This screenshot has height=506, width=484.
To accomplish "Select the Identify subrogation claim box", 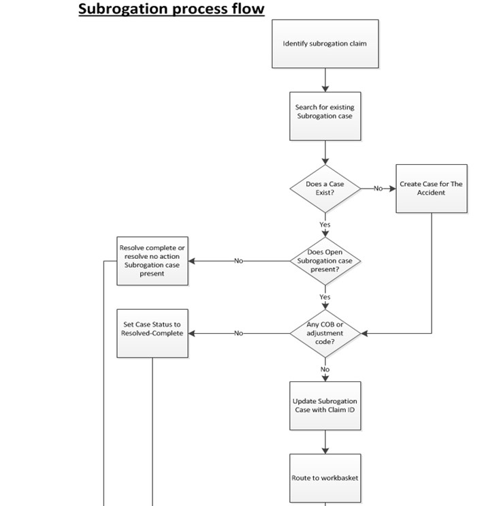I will pyautogui.click(x=325, y=44).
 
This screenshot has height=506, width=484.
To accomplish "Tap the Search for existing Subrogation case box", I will pyautogui.click(x=325, y=112).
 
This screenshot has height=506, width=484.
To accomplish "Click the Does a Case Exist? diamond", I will pyautogui.click(x=325, y=189).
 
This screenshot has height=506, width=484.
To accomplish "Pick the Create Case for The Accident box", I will pyautogui.click(x=431, y=188).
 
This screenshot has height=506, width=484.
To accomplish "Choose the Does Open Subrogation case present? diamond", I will pyautogui.click(x=325, y=261).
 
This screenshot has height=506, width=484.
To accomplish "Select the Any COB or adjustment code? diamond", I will pyautogui.click(x=325, y=333).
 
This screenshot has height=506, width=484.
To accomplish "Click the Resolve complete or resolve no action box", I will pyautogui.click(x=152, y=260).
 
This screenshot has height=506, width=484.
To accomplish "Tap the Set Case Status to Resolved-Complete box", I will pyautogui.click(x=152, y=333).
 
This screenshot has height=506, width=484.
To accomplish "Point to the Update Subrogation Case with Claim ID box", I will pyautogui.click(x=325, y=405).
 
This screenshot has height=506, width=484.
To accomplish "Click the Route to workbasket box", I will pyautogui.click(x=325, y=477).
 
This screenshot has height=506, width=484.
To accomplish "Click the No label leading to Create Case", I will pyautogui.click(x=378, y=189).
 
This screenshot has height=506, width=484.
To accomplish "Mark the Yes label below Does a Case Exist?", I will pyautogui.click(x=325, y=225).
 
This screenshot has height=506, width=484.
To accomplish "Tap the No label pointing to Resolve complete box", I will pyautogui.click(x=238, y=261).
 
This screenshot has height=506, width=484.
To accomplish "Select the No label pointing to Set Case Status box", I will pyautogui.click(x=238, y=333).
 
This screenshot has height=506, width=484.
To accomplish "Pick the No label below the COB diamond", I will pyautogui.click(x=325, y=369).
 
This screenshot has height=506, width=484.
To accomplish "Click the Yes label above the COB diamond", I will pyautogui.click(x=325, y=297).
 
